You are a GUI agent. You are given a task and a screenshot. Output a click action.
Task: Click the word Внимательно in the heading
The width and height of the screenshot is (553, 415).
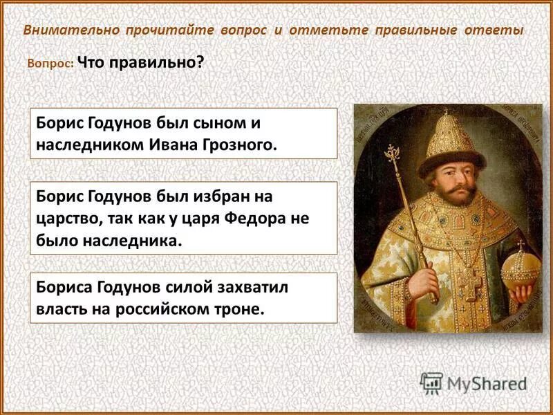(71, 31)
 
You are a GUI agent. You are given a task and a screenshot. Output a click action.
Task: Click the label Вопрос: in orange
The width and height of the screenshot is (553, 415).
(50, 63)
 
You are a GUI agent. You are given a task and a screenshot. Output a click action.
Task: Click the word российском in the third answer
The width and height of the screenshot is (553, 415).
(182, 308)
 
